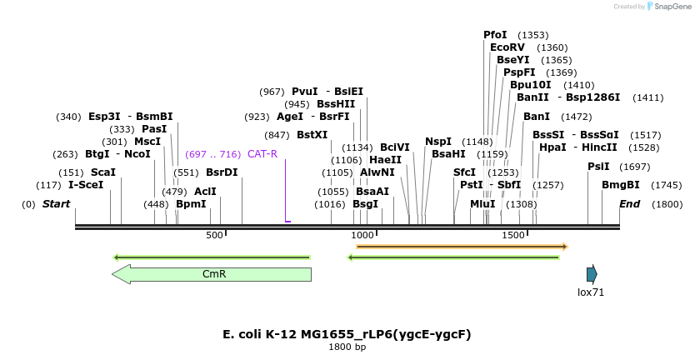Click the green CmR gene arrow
point(212,274)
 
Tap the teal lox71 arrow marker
point(592,274)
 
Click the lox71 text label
point(591,292)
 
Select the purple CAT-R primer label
point(262,154)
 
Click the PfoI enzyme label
point(495,35)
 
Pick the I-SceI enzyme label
point(86,184)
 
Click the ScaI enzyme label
point(103,172)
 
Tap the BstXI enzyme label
point(312,134)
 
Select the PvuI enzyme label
point(305,92)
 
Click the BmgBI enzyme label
point(621,184)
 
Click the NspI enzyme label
point(438,142)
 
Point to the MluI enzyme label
point(482,204)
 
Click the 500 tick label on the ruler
point(215,236)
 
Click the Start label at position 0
point(56,204)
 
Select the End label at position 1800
point(630,204)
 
